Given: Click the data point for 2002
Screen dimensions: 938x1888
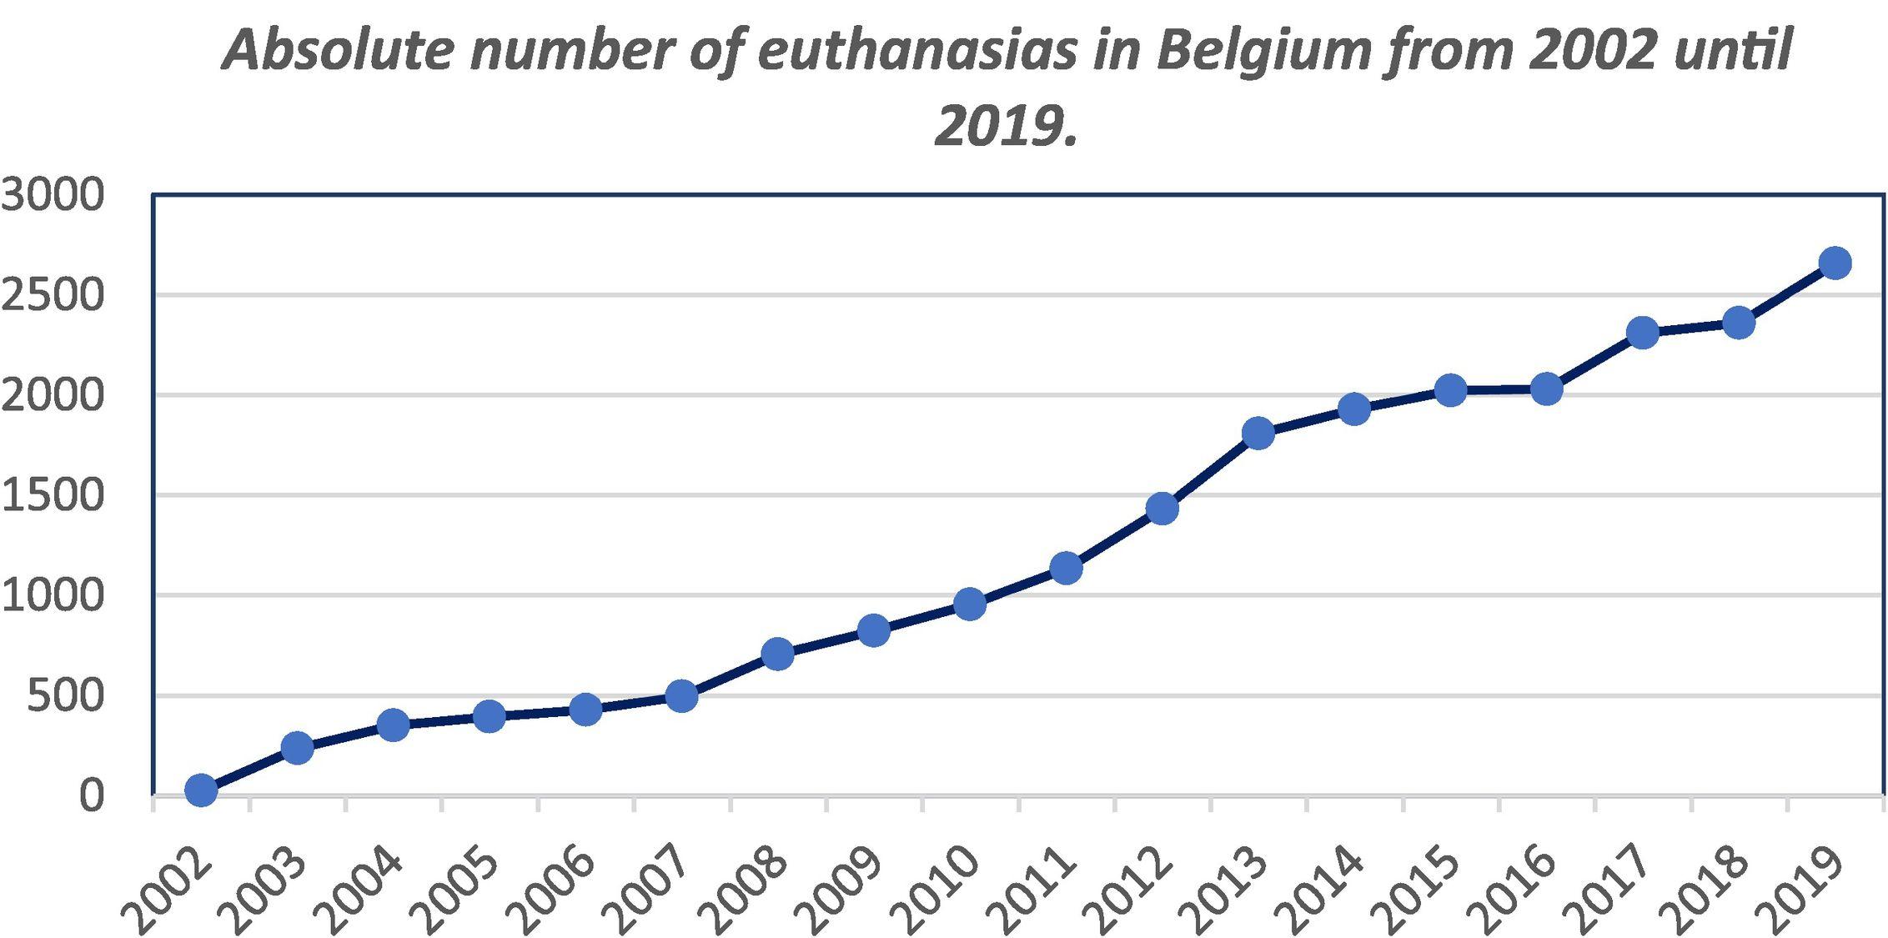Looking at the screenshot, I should [201, 790].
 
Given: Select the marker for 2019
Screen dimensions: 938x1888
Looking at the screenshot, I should [1835, 263].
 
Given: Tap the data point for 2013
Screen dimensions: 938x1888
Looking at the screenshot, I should [1258, 433].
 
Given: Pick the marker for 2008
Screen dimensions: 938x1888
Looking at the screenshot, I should [777, 654].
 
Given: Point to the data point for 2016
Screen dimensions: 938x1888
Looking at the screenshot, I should [1547, 389].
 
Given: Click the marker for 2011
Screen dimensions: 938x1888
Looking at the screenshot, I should [1066, 569].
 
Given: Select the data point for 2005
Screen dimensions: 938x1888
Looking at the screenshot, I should [490, 715].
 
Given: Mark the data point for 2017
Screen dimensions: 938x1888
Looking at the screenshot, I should [1643, 333].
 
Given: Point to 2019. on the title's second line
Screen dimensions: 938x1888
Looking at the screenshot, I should [1007, 127].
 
